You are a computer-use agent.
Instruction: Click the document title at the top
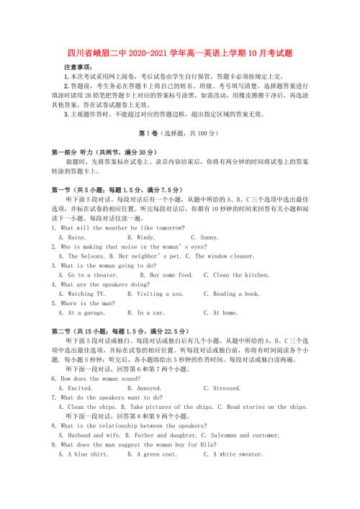point(179,49)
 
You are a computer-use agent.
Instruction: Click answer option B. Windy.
point(140,237)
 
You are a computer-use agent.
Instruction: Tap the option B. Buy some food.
point(166,274)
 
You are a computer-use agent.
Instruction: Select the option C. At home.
point(220,312)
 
